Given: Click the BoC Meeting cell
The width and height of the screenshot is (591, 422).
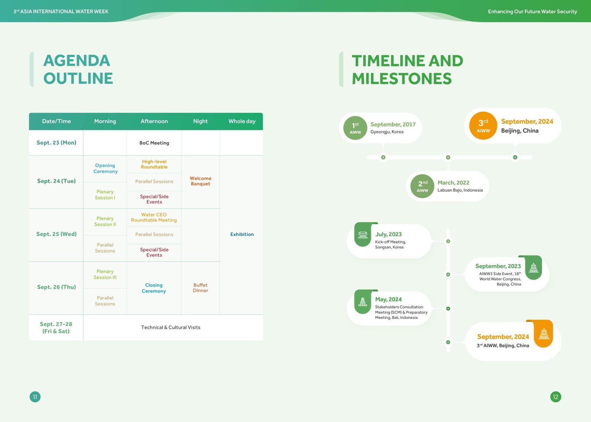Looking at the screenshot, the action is [x=154, y=143].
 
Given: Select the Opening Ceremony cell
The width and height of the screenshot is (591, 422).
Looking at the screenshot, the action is [x=105, y=168].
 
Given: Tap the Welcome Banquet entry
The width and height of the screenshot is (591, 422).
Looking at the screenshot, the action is [x=201, y=181].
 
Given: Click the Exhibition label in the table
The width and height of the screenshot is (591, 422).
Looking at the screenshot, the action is [x=242, y=234].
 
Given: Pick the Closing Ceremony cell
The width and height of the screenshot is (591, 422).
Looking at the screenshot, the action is [x=154, y=288].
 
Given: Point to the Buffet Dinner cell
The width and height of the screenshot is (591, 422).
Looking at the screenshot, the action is [x=201, y=288].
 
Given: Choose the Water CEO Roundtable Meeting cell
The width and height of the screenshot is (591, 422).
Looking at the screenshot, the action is [x=154, y=217].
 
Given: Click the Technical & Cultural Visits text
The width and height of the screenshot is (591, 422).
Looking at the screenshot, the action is [x=171, y=327].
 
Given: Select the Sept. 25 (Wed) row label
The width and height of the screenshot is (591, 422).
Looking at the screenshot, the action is [x=57, y=234].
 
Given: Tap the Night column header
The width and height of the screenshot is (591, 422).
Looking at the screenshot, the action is [x=200, y=121].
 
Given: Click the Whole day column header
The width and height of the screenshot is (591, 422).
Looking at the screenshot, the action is [x=242, y=121].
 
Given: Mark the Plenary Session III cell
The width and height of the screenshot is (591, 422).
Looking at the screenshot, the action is [x=105, y=274].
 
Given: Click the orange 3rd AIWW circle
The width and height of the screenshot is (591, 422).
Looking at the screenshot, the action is [x=483, y=126].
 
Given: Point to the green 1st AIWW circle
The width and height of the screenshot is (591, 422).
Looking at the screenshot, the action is [x=355, y=128].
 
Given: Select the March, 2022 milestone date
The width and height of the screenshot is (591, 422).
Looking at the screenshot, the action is [x=453, y=182].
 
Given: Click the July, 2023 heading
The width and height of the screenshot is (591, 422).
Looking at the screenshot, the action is [x=388, y=234].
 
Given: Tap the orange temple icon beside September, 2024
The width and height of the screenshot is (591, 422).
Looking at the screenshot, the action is [x=544, y=334].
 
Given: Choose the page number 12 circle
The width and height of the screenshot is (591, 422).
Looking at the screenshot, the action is [x=556, y=397].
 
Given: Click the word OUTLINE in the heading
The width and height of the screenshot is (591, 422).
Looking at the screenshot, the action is [x=78, y=78].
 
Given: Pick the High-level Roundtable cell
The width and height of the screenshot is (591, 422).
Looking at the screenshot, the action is [x=154, y=164].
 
